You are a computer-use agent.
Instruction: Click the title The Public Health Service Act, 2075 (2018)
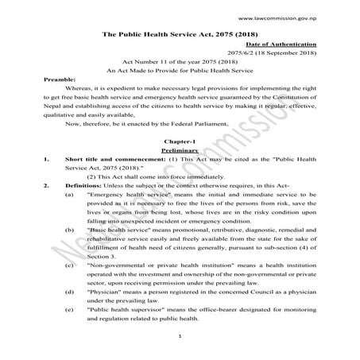[x=180, y=37]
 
